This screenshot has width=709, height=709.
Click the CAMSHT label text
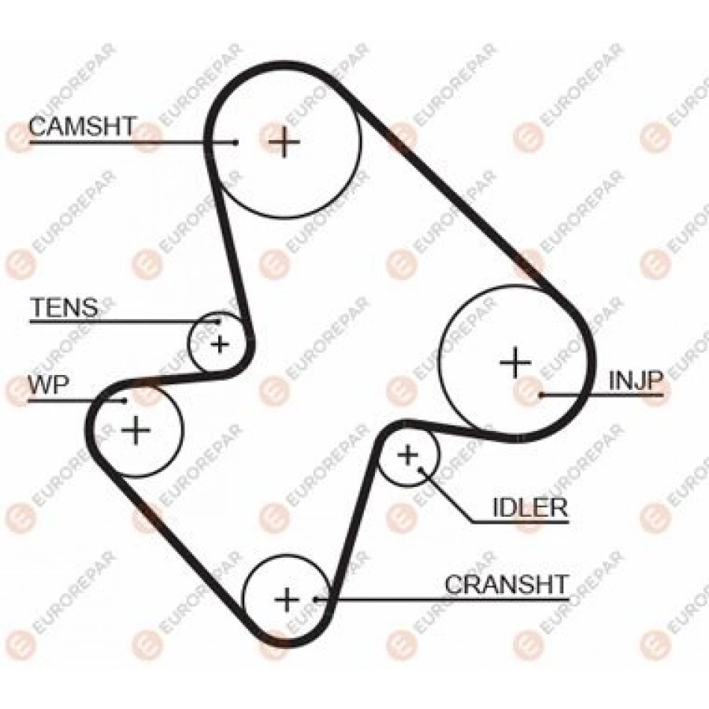pyautogui.click(x=82, y=126)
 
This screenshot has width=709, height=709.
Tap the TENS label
pyautogui.click(x=64, y=307)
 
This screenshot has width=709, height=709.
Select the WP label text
pyautogui.click(x=48, y=384)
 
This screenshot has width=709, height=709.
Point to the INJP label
pyautogui.click(x=635, y=380)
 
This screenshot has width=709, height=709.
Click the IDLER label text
pyautogui.click(x=529, y=508)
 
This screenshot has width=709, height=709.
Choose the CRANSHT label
pyautogui.click(x=506, y=585)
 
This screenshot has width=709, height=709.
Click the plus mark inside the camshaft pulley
pyautogui.click(x=284, y=142)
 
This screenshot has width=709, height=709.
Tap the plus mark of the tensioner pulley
pyautogui.click(x=221, y=344)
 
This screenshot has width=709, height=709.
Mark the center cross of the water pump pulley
pyautogui.click(x=135, y=429)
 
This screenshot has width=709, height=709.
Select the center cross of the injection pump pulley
pyautogui.click(x=515, y=362)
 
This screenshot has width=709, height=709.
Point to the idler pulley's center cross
pyautogui.click(x=408, y=455)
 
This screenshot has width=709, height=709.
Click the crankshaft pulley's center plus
pyautogui.click(x=287, y=599)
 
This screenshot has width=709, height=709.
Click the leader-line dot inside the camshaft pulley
pyautogui.click(x=236, y=142)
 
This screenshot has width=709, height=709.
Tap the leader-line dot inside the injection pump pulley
pyautogui.click(x=541, y=395)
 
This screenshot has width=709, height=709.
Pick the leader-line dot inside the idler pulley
pyautogui.click(x=421, y=470)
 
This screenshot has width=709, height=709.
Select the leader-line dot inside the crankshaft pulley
pyautogui.click(x=315, y=600)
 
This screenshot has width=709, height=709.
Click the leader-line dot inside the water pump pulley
pyautogui.click(x=124, y=400)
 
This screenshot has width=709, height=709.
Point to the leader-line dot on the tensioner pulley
pyautogui.click(x=218, y=322)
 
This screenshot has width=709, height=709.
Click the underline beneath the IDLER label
pyautogui.click(x=520, y=523)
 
